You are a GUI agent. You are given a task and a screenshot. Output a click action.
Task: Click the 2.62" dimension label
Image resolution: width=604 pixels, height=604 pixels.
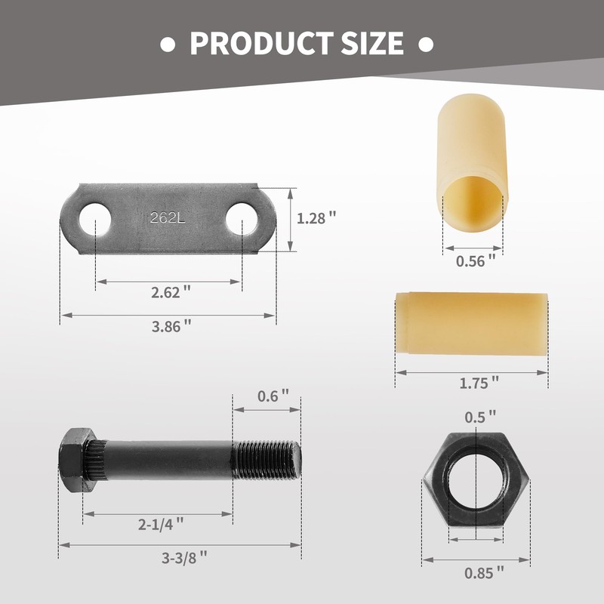pyautogui.click(x=170, y=291)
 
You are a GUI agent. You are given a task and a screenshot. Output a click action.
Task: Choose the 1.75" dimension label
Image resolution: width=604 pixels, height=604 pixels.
pyautogui.click(x=479, y=382)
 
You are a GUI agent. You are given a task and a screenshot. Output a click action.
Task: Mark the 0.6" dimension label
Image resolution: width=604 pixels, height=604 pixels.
pyautogui.click(x=273, y=396)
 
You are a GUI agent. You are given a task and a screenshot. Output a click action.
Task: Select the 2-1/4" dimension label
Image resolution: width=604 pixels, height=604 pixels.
pyautogui.click(x=159, y=522)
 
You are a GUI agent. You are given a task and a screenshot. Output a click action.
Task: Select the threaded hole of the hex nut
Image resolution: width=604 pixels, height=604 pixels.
pyautogui.click(x=476, y=483)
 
